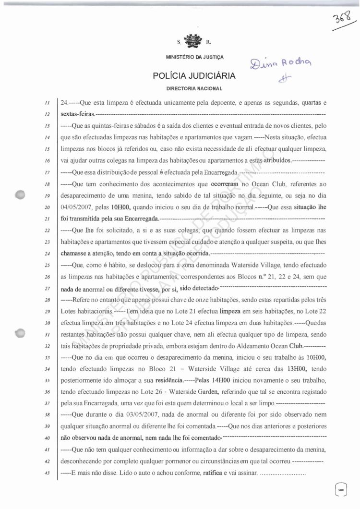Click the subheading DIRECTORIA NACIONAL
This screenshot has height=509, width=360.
click(x=194, y=89)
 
